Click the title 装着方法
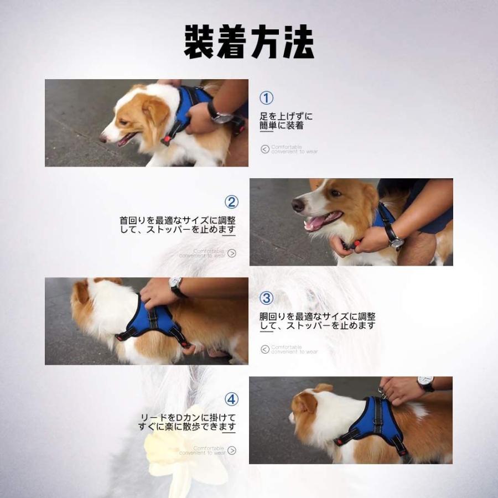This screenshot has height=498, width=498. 249,42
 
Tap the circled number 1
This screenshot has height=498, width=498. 267,98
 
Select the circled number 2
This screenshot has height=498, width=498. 231,202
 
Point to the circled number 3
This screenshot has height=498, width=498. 267,298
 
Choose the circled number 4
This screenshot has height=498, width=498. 231,399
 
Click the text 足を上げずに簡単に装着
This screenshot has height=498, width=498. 286,121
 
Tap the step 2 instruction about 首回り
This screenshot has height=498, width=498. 178,225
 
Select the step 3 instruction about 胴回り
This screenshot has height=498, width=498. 317,321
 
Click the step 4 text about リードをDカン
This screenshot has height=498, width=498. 187,422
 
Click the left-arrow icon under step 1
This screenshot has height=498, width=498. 265,149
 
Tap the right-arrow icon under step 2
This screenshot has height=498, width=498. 232,253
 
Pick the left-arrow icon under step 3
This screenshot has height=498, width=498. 265,349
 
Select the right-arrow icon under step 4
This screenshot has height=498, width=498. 232,450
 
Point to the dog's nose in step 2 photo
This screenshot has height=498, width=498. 298,205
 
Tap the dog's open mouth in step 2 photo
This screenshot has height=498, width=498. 319,222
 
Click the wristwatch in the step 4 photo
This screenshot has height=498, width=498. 425,383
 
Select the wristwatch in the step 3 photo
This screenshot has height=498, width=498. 176,287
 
